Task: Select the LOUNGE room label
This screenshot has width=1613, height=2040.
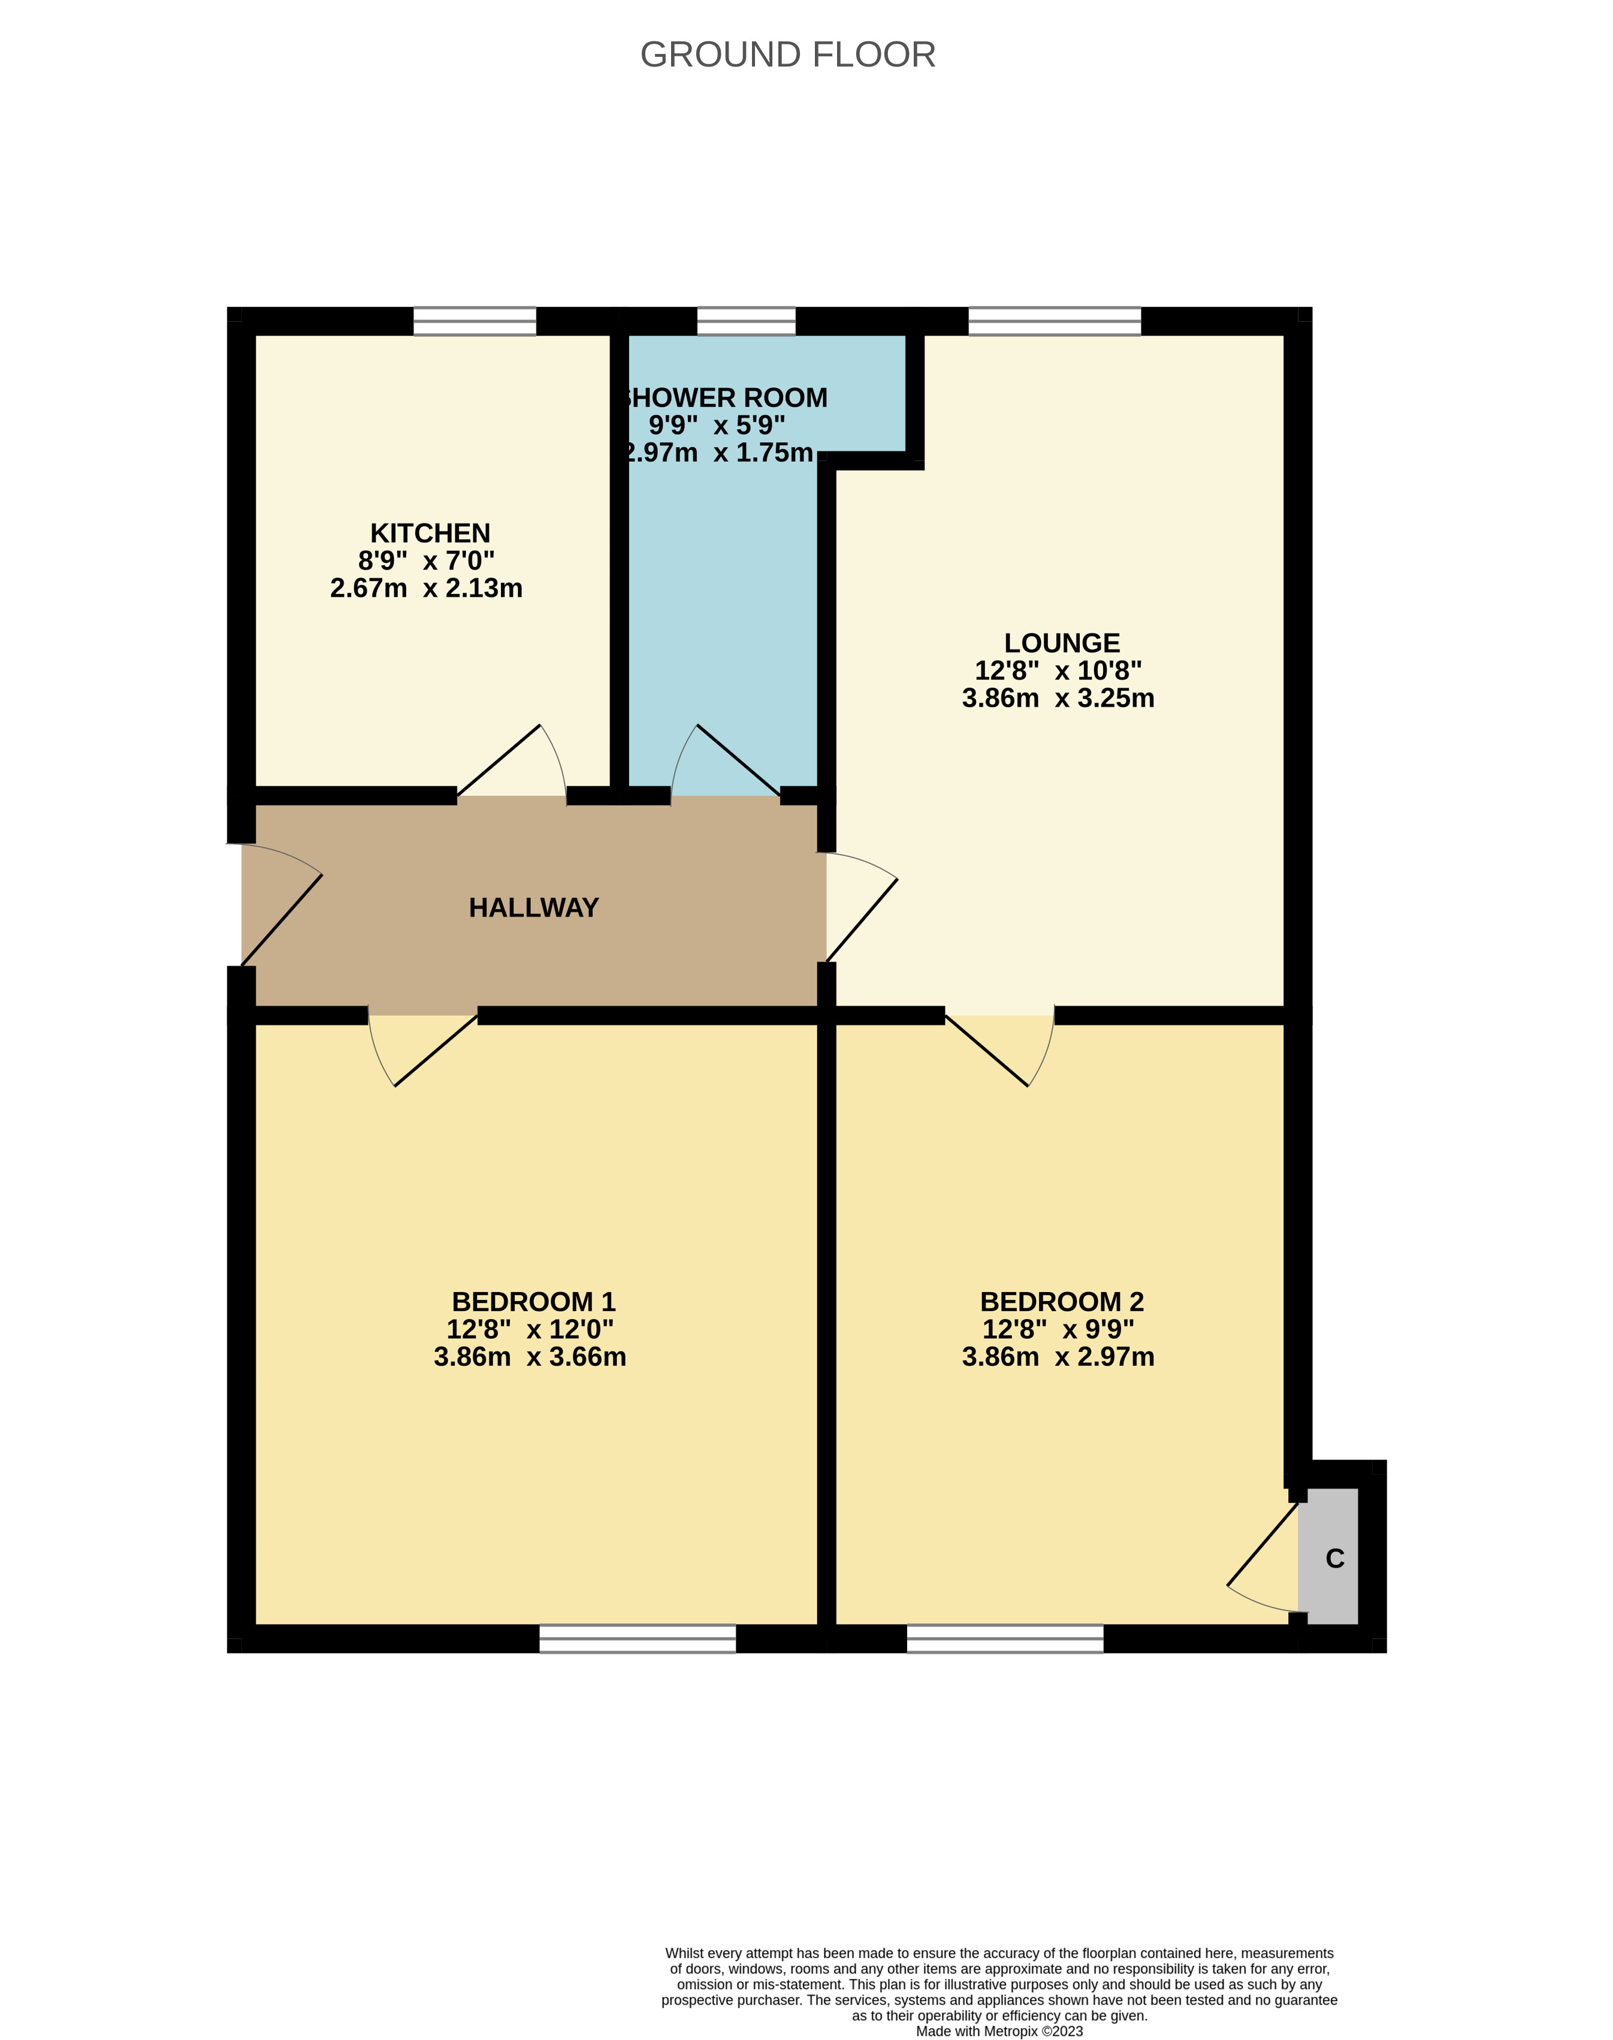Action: (1062, 643)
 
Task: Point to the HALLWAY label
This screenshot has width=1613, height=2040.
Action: (534, 907)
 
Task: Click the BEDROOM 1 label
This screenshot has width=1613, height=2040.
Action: (534, 1302)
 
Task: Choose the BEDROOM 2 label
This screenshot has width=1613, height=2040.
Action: (1062, 1302)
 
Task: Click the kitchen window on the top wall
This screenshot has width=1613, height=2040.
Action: (475, 322)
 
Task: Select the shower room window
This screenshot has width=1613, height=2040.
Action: (746, 322)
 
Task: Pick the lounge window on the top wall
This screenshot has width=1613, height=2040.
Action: (1055, 322)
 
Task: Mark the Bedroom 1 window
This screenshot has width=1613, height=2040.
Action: (638, 1638)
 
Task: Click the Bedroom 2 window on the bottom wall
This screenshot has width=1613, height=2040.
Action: (1005, 1638)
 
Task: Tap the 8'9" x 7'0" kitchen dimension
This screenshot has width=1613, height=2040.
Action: (426, 561)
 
